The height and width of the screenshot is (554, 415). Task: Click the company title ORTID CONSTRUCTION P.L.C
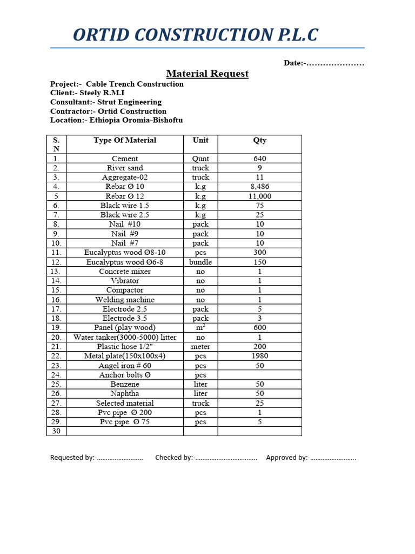(x=195, y=35)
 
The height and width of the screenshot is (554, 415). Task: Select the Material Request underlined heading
(x=207, y=74)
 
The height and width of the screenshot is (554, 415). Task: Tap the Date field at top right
(x=324, y=63)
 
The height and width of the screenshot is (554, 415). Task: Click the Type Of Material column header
(x=125, y=140)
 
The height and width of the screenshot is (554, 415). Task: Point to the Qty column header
(x=259, y=140)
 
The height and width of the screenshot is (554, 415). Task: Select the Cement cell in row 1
(x=125, y=159)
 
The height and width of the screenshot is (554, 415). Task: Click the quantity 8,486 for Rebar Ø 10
(x=259, y=187)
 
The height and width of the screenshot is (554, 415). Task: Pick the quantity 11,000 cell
(x=259, y=196)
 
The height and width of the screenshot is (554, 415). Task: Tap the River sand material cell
(x=125, y=168)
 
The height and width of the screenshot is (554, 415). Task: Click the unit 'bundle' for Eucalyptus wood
(x=200, y=262)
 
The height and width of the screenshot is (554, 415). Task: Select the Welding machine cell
(x=125, y=300)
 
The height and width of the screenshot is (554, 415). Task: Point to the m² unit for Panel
(x=200, y=328)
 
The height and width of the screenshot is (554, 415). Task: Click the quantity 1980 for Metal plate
(x=259, y=356)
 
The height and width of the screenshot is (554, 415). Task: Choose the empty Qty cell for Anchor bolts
(x=259, y=375)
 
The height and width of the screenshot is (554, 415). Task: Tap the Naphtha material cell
(x=125, y=394)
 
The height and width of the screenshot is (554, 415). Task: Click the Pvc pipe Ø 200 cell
(x=125, y=413)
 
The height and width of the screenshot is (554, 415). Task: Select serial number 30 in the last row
(x=56, y=431)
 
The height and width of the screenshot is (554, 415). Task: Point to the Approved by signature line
(x=311, y=458)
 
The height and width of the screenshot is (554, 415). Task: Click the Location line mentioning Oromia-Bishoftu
(x=116, y=120)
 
